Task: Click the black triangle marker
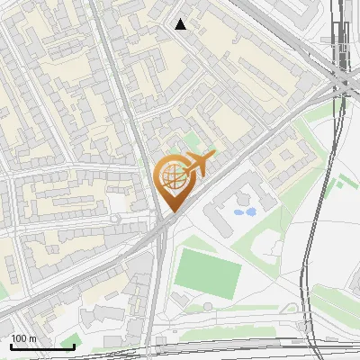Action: pyautogui.click(x=181, y=24)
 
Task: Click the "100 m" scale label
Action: pyautogui.click(x=24, y=338)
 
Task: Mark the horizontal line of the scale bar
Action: pyautogui.click(x=42, y=346)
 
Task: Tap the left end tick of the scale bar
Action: pyautogui.click(x=11, y=345)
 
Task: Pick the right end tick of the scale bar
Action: pyautogui.click(x=74, y=345)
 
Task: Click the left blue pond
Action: pyautogui.click(x=238, y=213)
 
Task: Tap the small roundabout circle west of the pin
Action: pyautogui.click(x=114, y=219)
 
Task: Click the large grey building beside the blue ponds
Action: pyautogui.click(x=225, y=202)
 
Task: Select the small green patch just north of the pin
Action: pyautogui.click(x=192, y=141)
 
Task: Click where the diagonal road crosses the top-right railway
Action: pyautogui.click(x=338, y=83)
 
